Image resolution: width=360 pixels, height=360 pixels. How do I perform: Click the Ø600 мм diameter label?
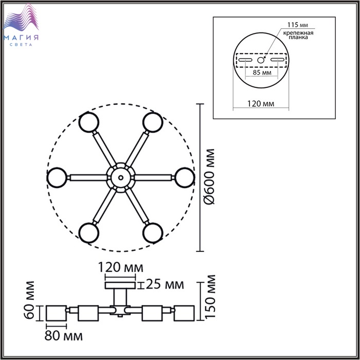(x=210, y=176)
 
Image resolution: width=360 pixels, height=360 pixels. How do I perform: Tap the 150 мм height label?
(x=210, y=296)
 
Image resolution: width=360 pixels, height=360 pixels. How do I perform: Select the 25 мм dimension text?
(x=165, y=284)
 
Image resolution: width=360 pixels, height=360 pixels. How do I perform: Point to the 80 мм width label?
(x=63, y=336)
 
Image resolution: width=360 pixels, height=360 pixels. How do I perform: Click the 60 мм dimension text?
(x=29, y=300)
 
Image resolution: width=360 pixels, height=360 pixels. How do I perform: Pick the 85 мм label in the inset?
(x=262, y=73)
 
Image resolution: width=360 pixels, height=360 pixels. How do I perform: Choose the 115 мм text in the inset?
(x=298, y=25)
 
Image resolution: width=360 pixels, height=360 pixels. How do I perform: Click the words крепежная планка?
(x=298, y=35)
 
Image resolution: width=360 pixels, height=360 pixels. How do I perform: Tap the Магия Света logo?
(x=21, y=25)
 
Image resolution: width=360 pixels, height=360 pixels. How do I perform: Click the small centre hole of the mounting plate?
(x=260, y=60)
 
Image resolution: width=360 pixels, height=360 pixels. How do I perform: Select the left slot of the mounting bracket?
(x=245, y=60)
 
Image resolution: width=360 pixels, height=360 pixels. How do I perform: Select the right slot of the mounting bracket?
(x=277, y=60)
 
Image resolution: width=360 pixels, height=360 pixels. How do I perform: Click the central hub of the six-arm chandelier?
(x=121, y=177)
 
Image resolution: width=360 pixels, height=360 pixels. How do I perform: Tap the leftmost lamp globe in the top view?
(x=57, y=178)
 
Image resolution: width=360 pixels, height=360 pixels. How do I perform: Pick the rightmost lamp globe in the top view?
(x=185, y=178)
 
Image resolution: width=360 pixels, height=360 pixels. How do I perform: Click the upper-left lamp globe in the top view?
(x=89, y=122)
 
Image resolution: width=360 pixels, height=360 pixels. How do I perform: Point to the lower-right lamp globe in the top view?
(x=153, y=232)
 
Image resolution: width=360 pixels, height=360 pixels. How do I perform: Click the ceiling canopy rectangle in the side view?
(x=120, y=285)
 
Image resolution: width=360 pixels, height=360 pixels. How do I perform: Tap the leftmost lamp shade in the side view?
(x=56, y=313)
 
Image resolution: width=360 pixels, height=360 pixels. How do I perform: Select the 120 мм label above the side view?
(x=120, y=267)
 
